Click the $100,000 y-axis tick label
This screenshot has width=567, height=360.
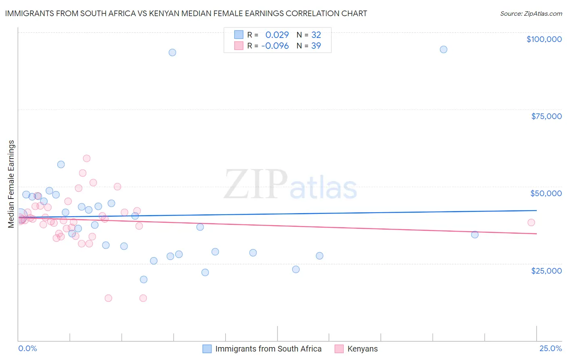[544, 39]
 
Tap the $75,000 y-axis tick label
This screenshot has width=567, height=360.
[546, 116]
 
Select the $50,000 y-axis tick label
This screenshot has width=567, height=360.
[546, 193]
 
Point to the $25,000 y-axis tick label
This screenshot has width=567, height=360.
[546, 270]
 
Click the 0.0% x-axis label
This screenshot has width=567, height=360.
[27, 348]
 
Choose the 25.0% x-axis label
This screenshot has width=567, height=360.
[550, 348]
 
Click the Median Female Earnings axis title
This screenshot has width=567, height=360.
[11, 184]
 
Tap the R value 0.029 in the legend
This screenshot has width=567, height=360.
[277, 35]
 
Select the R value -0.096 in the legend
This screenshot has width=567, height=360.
[275, 46]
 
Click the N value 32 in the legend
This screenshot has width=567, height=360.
[316, 35]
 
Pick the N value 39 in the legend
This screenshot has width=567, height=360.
[316, 46]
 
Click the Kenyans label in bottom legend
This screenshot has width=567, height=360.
[363, 349]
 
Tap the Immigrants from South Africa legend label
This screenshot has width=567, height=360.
[268, 349]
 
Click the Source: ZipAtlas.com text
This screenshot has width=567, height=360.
[531, 14]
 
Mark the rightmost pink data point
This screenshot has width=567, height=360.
[531, 222]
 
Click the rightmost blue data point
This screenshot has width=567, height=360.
[475, 234]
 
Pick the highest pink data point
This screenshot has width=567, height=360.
[86, 158]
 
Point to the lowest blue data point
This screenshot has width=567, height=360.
[144, 279]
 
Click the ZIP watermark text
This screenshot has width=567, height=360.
[256, 185]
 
